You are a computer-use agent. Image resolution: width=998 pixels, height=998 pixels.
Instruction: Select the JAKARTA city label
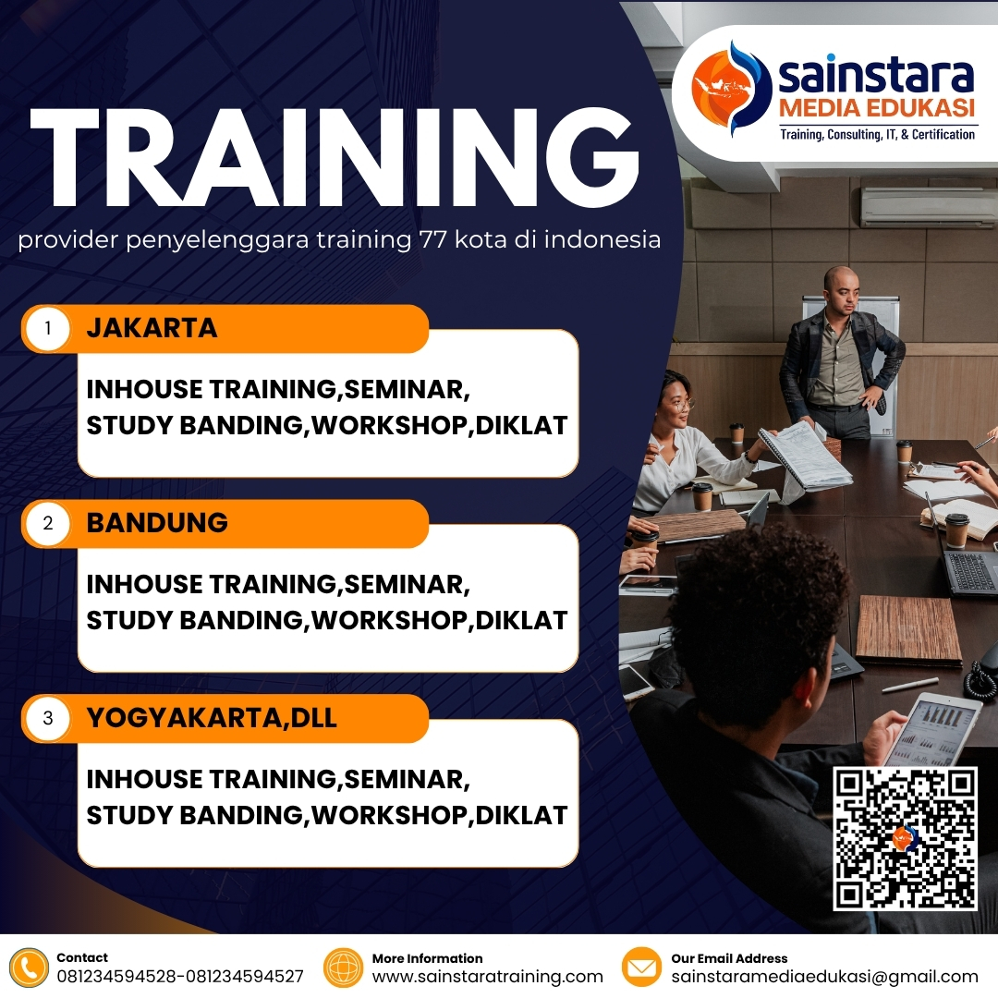point(152,328)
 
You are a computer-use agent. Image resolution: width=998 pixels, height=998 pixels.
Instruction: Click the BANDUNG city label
point(157,522)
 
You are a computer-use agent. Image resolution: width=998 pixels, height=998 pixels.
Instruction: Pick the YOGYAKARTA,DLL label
point(212,717)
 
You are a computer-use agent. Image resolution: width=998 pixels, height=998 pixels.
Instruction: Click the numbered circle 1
point(48,329)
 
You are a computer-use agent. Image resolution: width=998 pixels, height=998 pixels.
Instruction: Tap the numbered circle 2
point(48,524)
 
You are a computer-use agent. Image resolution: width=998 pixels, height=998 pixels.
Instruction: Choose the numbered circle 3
point(48,718)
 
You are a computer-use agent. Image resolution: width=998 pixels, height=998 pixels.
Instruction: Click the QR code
point(905,838)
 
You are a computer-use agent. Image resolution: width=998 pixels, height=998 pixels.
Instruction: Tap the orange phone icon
point(30,968)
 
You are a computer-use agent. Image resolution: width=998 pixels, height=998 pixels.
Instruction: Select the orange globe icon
point(344,968)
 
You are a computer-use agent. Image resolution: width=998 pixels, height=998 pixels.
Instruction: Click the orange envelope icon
point(641,968)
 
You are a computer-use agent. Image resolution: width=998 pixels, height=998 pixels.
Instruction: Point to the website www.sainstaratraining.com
point(487,977)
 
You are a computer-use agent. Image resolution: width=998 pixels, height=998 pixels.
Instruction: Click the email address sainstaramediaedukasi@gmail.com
point(824,977)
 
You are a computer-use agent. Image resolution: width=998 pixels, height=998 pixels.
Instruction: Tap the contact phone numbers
point(180,977)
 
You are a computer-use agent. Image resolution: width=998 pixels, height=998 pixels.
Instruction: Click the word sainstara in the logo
point(875,73)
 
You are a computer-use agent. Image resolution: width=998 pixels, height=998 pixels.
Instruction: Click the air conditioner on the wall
point(928,207)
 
